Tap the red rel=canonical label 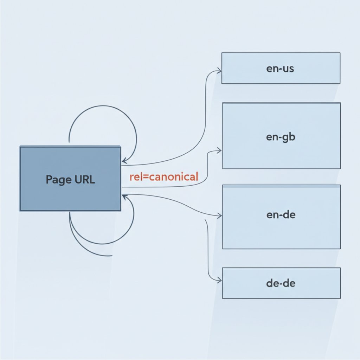164,176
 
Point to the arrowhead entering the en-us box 219,71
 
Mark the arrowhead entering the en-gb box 219,150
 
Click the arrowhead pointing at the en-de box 219,215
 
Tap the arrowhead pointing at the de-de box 219,281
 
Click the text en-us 280,69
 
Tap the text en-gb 281,137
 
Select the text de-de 281,283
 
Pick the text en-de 281,215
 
